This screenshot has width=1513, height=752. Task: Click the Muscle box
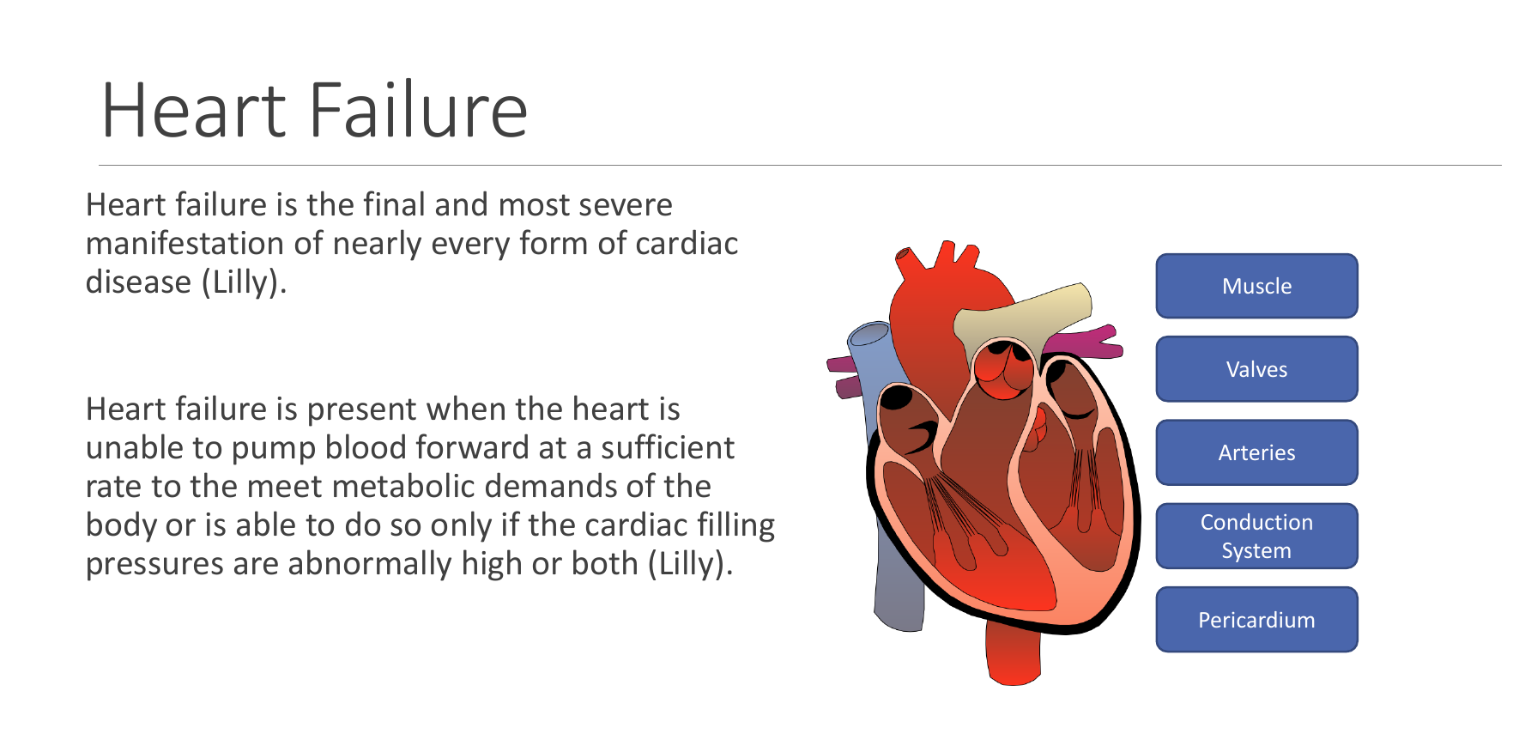coord(1256,286)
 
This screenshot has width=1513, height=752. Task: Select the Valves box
coord(1256,369)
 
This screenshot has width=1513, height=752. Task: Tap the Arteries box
coord(1256,452)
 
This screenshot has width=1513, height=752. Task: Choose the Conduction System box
coord(1256,536)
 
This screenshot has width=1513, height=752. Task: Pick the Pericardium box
coord(1256,619)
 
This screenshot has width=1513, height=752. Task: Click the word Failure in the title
coord(418,109)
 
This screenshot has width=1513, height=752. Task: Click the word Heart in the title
coord(194,110)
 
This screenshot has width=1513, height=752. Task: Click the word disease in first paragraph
coord(138,282)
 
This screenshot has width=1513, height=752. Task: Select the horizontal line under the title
coord(800,165)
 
